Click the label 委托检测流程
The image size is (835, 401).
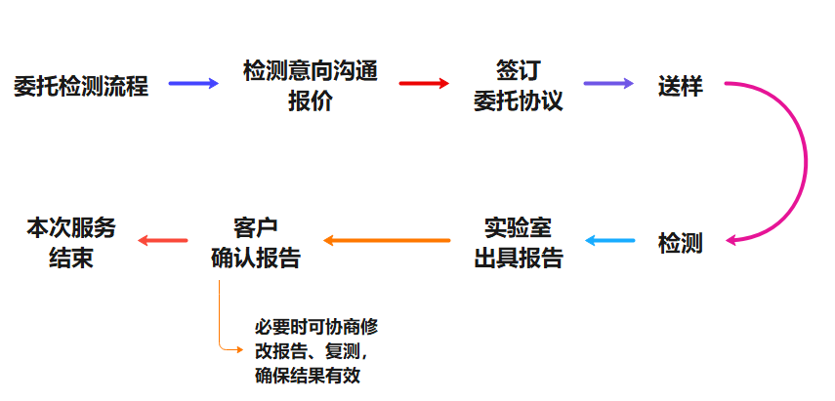coord(82,85)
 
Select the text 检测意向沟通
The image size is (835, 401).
coord(310,71)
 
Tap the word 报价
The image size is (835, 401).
coord(310,100)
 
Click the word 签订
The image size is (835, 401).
coord(518,71)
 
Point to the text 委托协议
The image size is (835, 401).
coord(518,100)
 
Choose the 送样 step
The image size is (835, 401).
coord(681,85)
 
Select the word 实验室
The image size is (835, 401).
coord(518,227)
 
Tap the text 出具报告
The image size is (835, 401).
coord(518,257)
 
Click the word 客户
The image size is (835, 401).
coord(256,227)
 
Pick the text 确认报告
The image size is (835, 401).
coord(256,257)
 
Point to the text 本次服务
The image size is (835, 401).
coord(71,227)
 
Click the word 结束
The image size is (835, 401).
coord(71,257)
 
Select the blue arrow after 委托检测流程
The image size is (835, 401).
coord(193,84)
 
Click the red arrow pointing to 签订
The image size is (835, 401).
coord(424,84)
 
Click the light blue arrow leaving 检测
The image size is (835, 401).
coord(609,240)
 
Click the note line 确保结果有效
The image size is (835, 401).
coord(307,375)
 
